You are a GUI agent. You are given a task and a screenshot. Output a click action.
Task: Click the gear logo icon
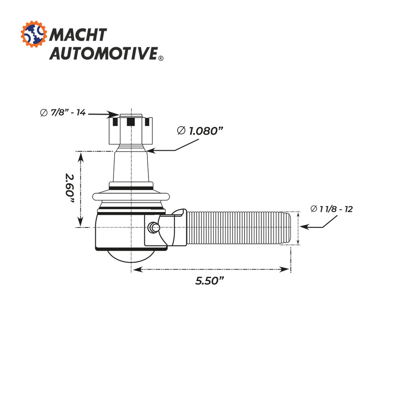(x=34, y=35)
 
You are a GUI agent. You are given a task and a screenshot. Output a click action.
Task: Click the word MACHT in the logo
(x=78, y=35)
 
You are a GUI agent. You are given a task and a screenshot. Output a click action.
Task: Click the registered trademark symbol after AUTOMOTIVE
(x=160, y=58)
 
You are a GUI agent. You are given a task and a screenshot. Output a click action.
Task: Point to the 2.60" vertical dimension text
(x=69, y=189)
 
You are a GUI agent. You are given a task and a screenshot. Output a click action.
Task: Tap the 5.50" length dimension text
(x=210, y=281)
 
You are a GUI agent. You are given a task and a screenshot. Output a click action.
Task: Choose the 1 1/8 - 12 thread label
(x=332, y=209)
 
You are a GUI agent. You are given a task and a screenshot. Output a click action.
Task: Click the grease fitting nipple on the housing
(x=154, y=227)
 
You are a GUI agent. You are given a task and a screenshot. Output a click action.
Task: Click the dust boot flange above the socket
(x=131, y=196)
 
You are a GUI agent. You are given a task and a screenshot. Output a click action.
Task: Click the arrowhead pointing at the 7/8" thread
(x=115, y=114)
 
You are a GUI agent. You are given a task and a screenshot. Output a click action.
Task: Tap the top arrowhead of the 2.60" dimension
(x=80, y=155)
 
